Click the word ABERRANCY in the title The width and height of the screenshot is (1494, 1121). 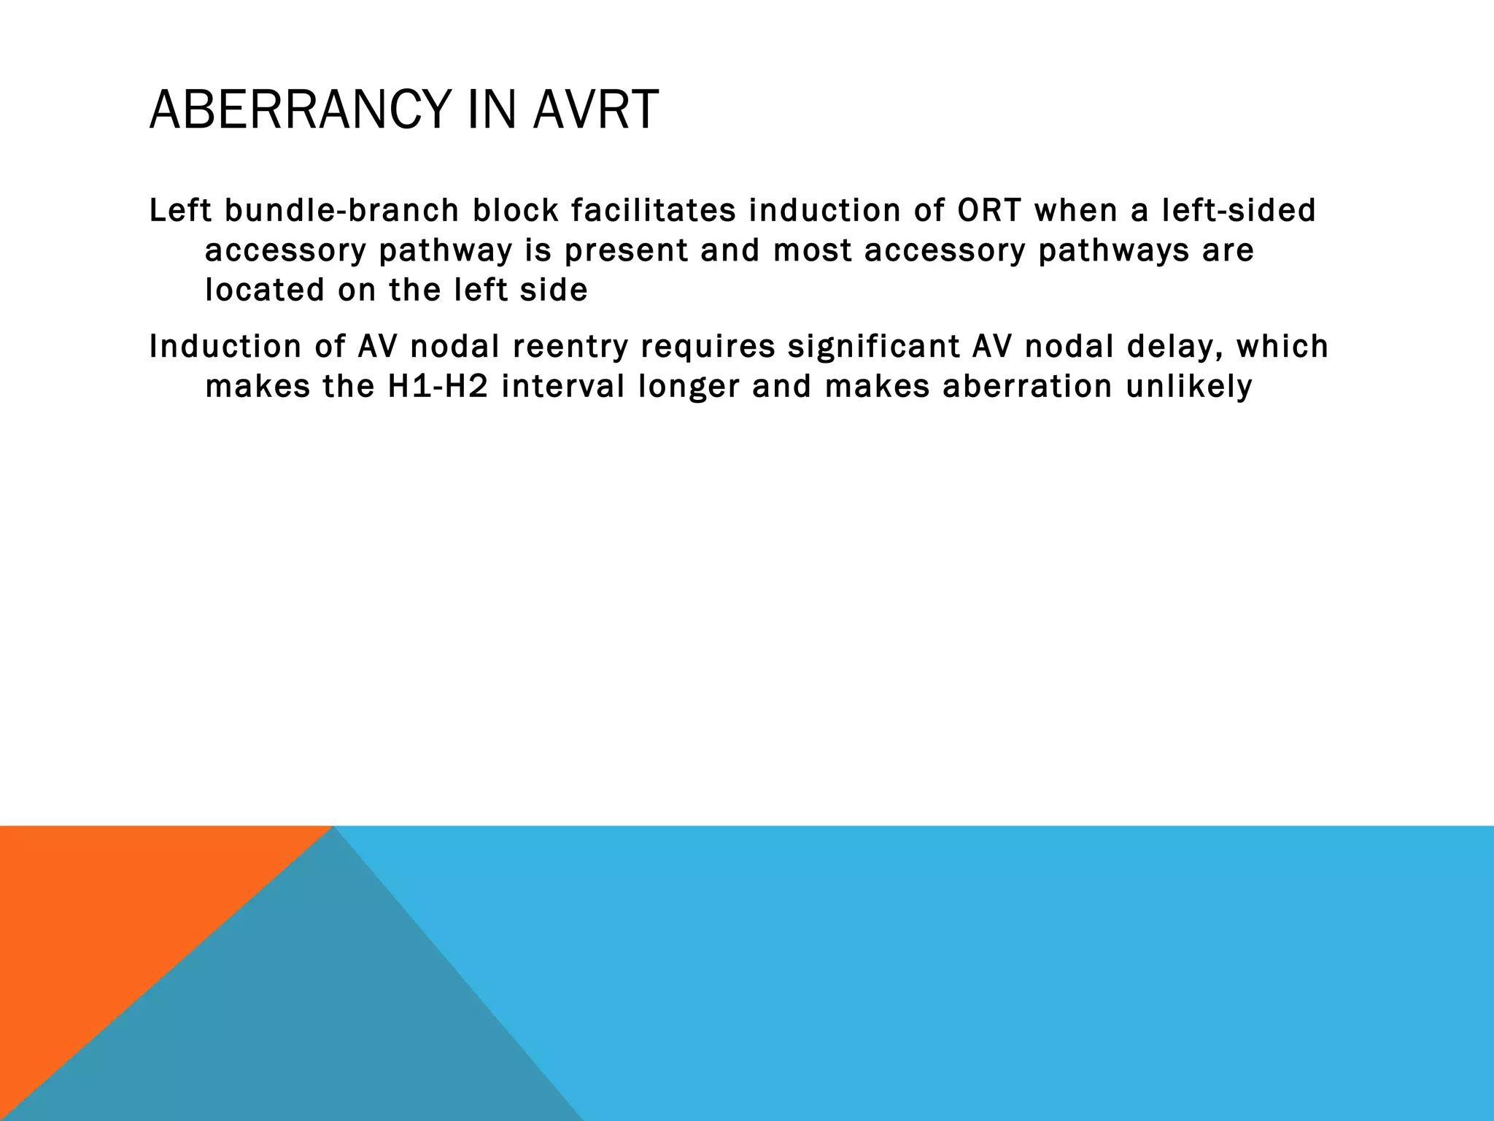click(299, 110)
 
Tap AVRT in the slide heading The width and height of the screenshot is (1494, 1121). click(595, 110)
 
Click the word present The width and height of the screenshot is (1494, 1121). click(626, 251)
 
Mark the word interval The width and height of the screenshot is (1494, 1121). click(562, 387)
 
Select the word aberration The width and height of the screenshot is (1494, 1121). click(1027, 387)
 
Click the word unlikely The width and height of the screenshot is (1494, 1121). click(1189, 387)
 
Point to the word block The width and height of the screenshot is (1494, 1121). click(514, 211)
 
